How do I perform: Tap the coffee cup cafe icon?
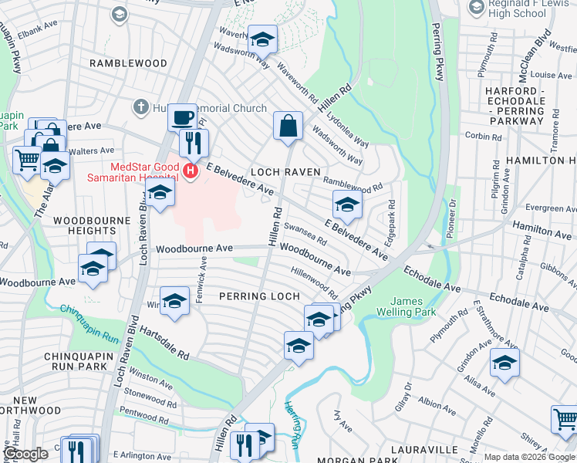pyautogui.click(x=182, y=117)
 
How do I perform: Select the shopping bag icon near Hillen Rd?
pyautogui.click(x=288, y=126)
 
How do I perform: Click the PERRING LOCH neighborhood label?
pyautogui.click(x=258, y=296)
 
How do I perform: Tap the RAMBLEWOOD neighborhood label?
pyautogui.click(x=128, y=63)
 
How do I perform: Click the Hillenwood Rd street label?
pyautogui.click(x=314, y=282)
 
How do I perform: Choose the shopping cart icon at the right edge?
pyautogui.click(x=565, y=419)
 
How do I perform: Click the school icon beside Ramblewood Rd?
pyautogui.click(x=347, y=204)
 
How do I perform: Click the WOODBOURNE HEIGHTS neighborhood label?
pyautogui.click(x=85, y=225)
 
